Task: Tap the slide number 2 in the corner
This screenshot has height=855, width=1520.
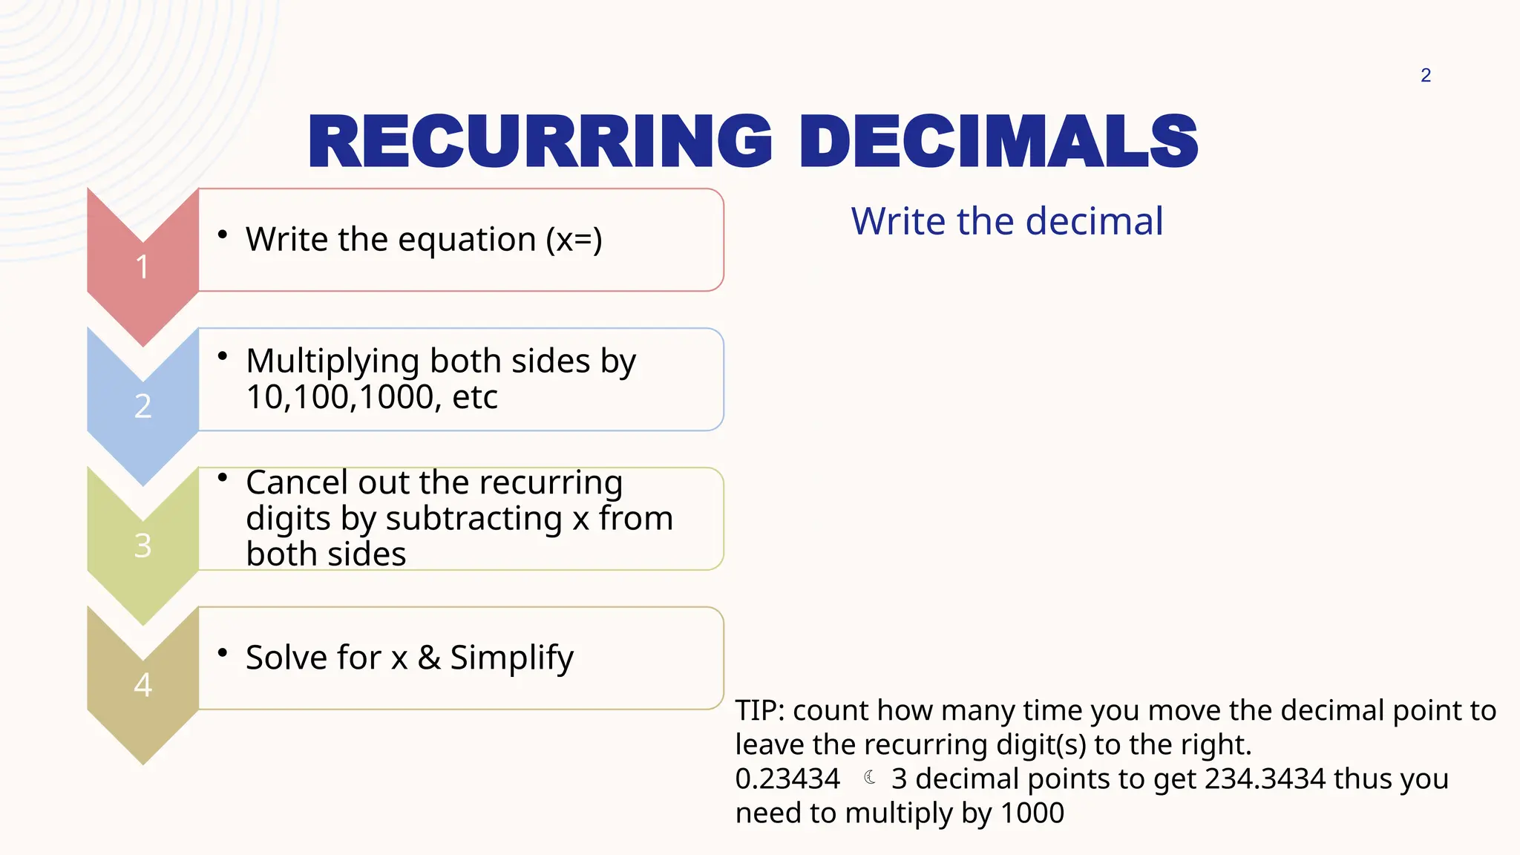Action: coord(1426,75)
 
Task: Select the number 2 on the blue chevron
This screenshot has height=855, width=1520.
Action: coord(142,406)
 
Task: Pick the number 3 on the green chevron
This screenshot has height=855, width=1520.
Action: coord(142,546)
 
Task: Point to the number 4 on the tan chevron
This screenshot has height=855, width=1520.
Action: coord(142,684)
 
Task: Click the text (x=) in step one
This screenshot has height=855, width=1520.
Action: coord(574,240)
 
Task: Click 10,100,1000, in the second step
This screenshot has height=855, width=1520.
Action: coord(344,397)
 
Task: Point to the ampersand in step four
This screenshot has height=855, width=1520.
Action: coord(429,658)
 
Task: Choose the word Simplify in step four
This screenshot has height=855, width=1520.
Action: coord(511,658)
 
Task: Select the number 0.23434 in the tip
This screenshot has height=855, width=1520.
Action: coord(787,779)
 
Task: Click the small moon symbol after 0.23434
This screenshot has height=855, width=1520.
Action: coord(870,777)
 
